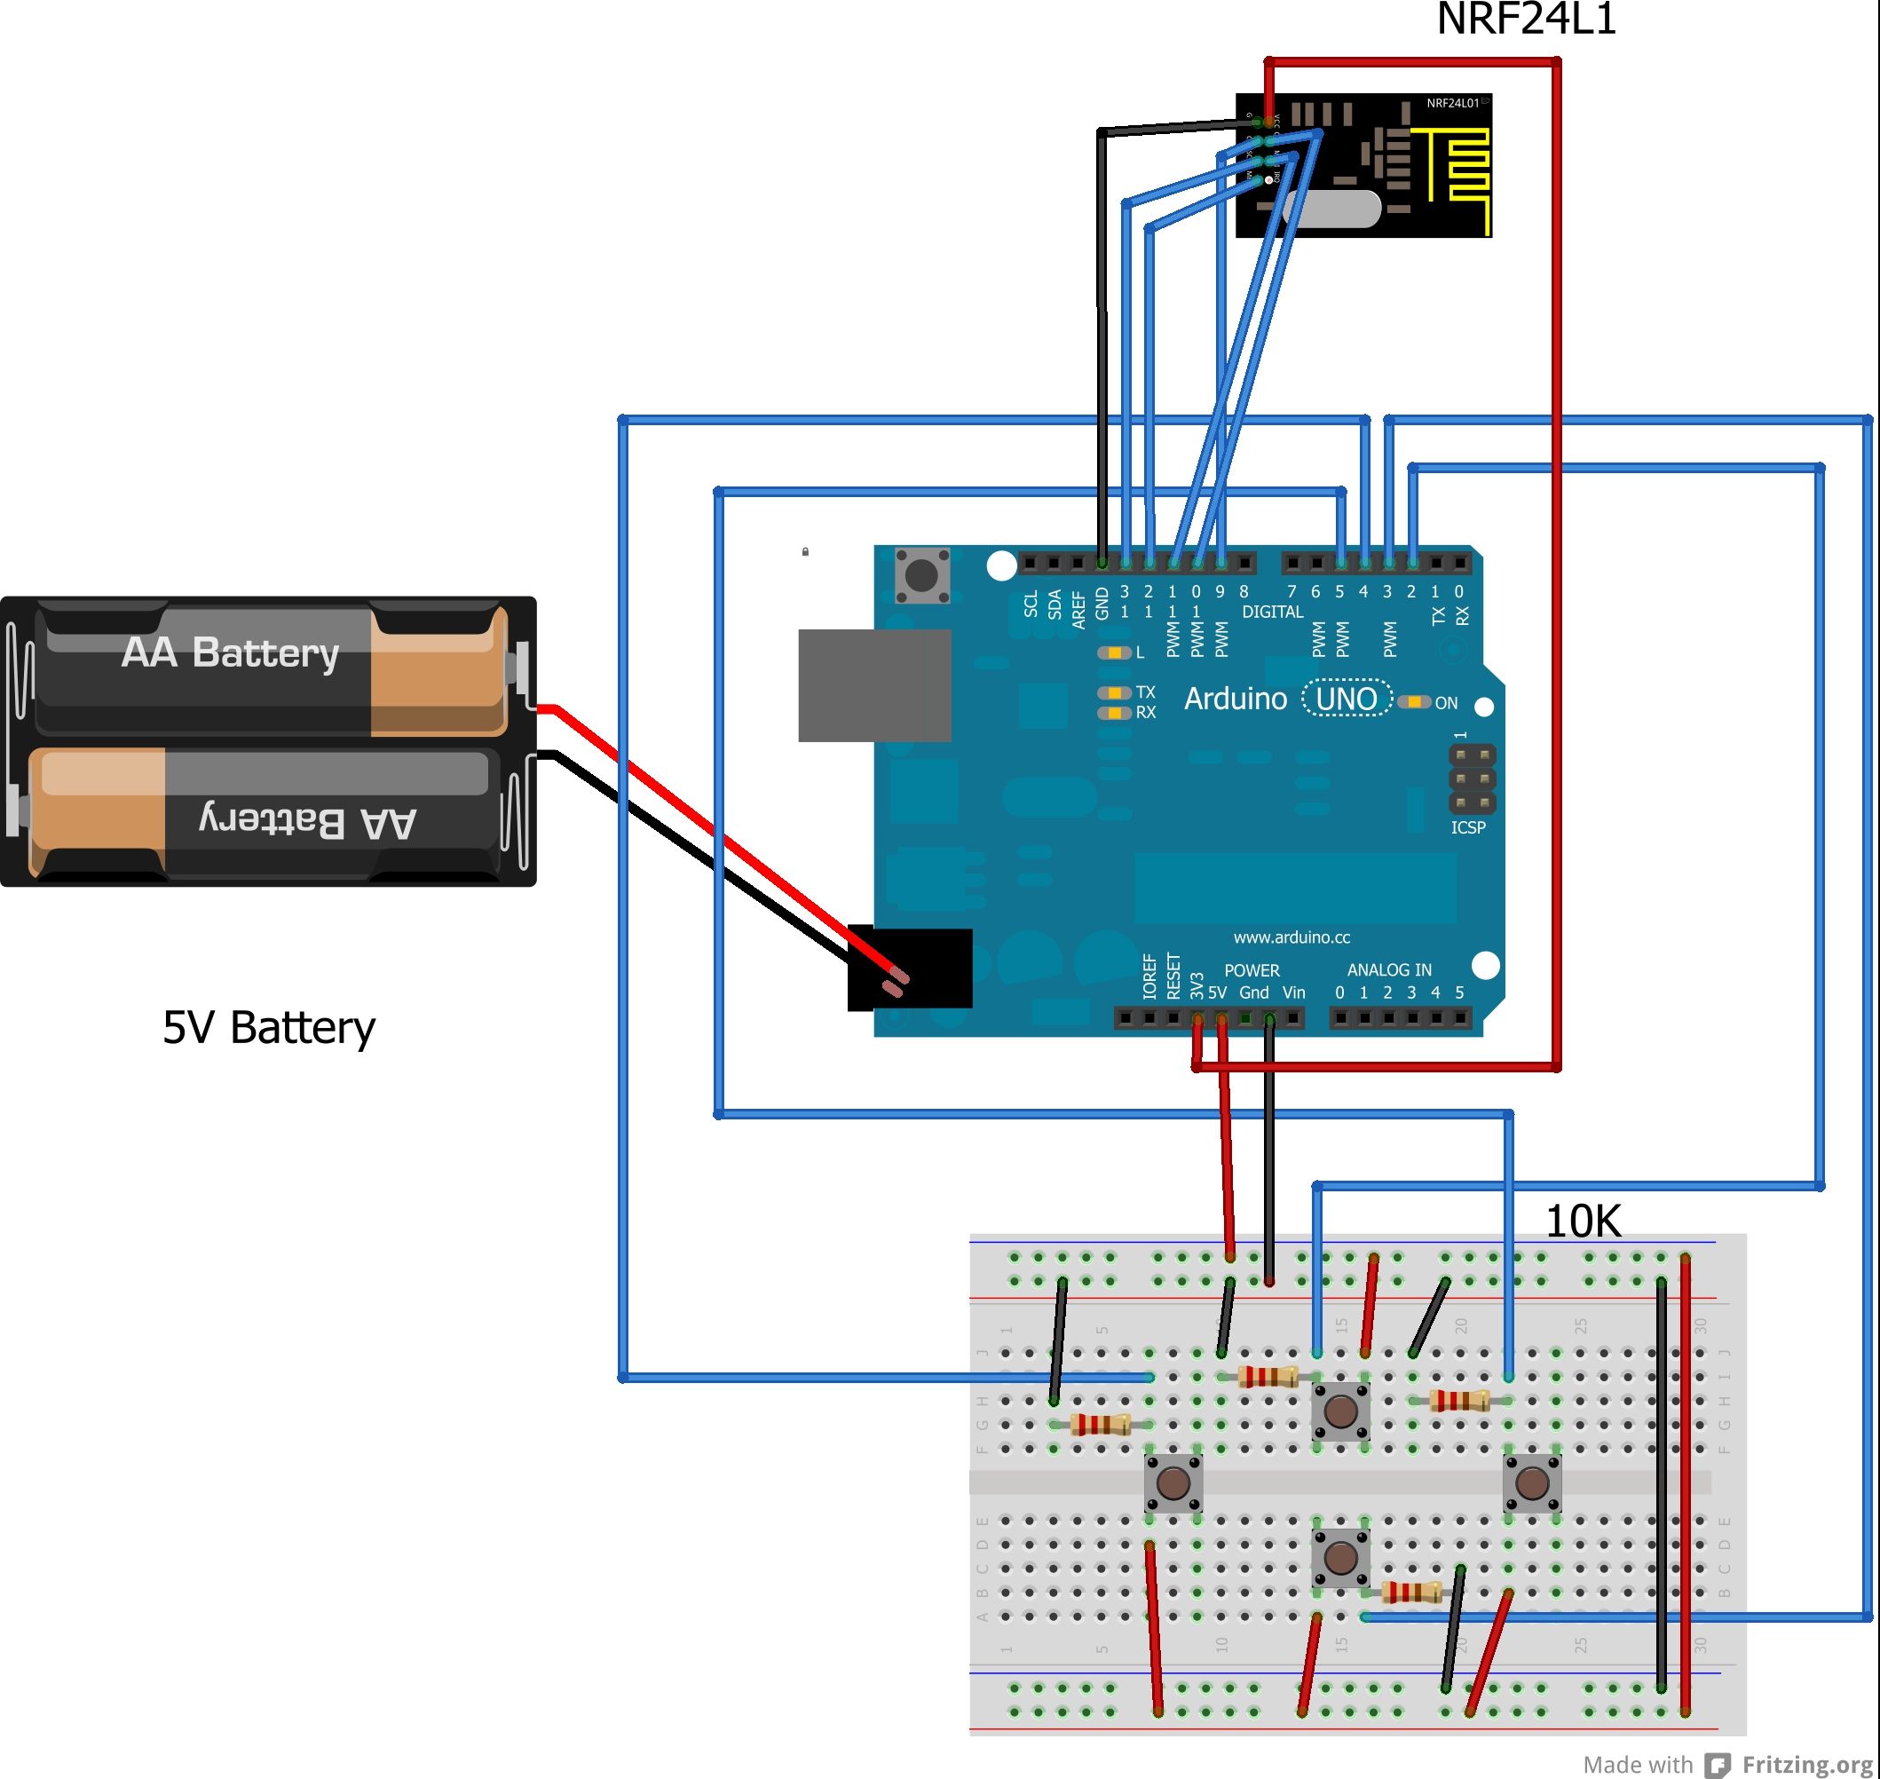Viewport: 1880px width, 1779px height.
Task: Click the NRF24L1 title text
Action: tap(1526, 19)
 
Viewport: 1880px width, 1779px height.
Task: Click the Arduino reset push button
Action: tap(921, 574)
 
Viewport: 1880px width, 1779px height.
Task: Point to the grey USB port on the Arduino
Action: tap(874, 684)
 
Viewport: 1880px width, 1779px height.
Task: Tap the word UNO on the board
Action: tap(1347, 699)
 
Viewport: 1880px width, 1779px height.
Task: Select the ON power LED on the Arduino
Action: tap(1415, 701)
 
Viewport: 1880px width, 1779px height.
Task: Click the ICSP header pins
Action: tap(1472, 779)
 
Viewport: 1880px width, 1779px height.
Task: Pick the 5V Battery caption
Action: tap(269, 1028)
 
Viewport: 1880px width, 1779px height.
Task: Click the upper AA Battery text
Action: tap(231, 652)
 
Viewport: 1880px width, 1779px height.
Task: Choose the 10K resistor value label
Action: tap(1583, 1222)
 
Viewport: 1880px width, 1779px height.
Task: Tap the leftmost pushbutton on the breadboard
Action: tap(1173, 1482)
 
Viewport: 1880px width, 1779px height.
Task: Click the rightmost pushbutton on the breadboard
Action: tap(1531, 1482)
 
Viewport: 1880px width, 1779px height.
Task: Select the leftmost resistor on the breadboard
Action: tap(1100, 1423)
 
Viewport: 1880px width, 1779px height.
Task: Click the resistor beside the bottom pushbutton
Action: tap(1410, 1593)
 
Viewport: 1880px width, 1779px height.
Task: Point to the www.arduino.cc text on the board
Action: tap(1292, 937)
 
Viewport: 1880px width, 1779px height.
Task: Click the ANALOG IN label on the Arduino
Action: tap(1389, 969)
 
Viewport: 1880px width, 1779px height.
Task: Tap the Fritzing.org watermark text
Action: tap(1806, 1764)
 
